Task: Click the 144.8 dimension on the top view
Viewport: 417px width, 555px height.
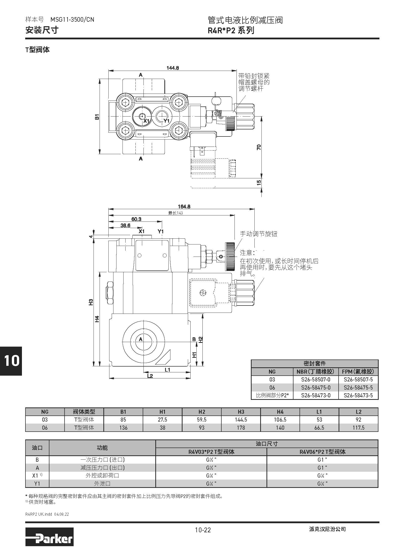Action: pyautogui.click(x=172, y=68)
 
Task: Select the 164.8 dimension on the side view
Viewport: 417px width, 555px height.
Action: pyautogui.click(x=184, y=206)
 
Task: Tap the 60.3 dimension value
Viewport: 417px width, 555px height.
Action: pyautogui.click(x=136, y=219)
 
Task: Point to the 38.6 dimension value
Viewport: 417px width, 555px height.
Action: pyautogui.click(x=125, y=225)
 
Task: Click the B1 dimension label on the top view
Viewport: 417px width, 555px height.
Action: pyautogui.click(x=97, y=117)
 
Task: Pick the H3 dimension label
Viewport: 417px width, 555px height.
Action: pyautogui.click(x=91, y=302)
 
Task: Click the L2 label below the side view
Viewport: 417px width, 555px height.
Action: pyautogui.click(x=150, y=376)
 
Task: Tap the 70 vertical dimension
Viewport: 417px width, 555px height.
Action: pyautogui.click(x=259, y=147)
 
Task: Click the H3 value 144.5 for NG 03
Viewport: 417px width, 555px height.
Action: pyautogui.click(x=241, y=420)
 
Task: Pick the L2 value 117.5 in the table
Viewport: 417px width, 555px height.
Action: pyautogui.click(x=358, y=428)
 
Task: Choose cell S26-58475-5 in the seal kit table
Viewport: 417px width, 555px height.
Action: pyautogui.click(x=358, y=387)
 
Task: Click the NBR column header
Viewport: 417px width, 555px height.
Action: pyautogui.click(x=315, y=372)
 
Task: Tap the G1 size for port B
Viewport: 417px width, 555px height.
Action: pyautogui.click(x=322, y=460)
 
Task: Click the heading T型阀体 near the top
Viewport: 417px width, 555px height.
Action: pyautogui.click(x=38, y=50)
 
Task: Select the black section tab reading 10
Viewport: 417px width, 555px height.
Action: pyautogui.click(x=11, y=361)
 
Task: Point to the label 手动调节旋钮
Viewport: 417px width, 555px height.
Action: pyautogui.click(x=258, y=234)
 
